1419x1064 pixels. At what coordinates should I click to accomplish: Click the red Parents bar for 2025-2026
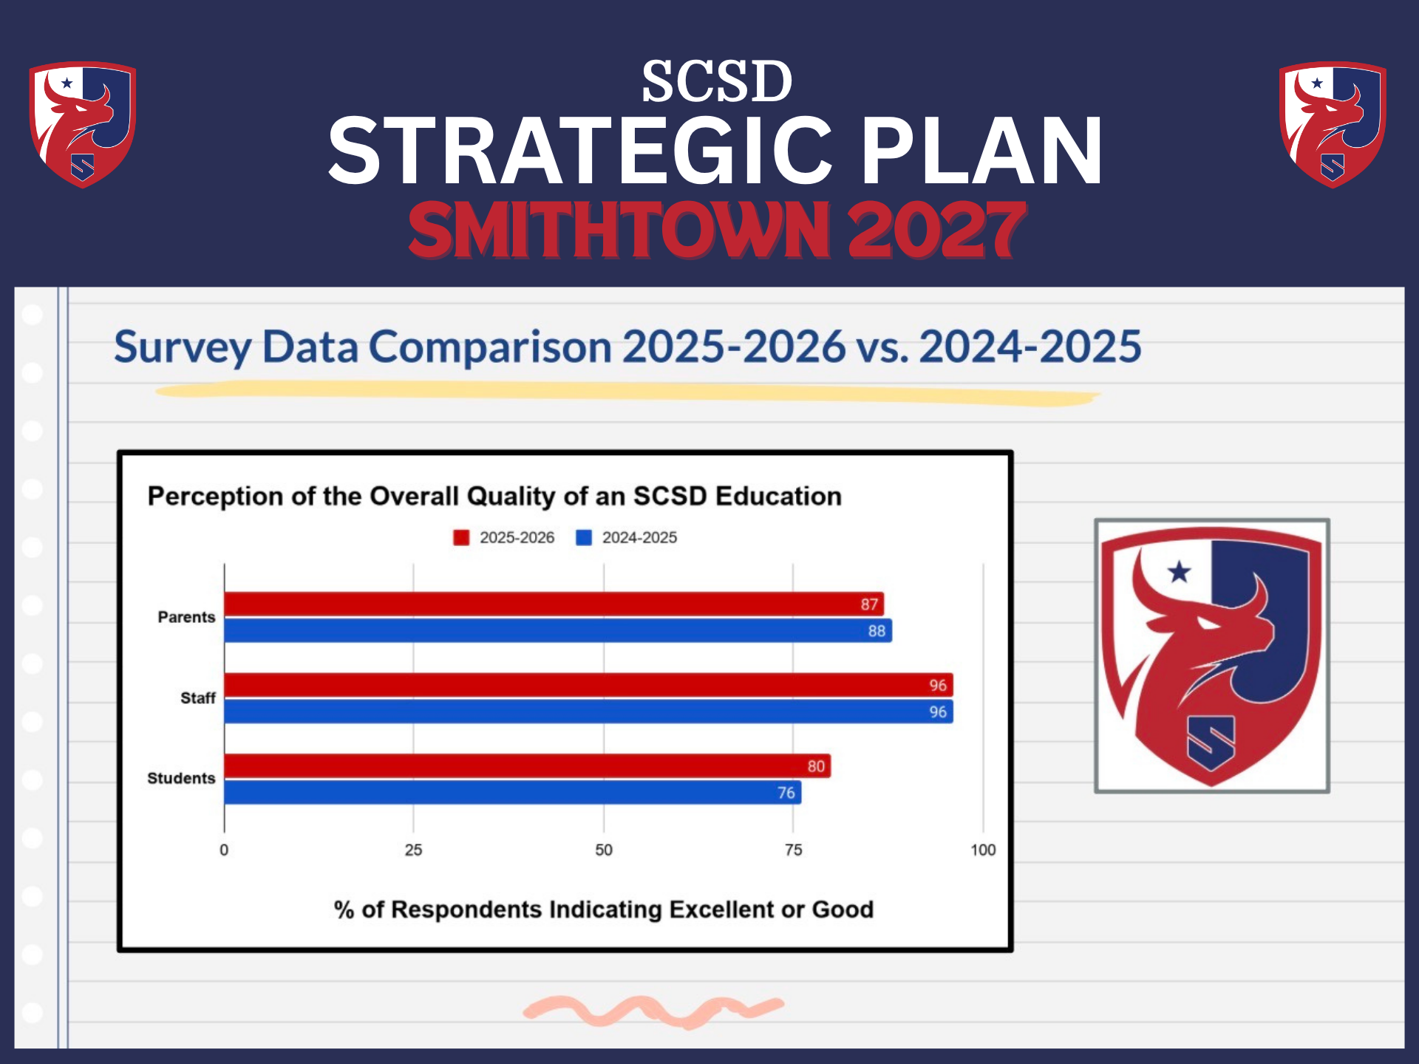pos(554,604)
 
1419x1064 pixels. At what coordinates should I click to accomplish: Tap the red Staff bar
pos(588,685)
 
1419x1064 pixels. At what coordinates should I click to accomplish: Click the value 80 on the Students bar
pos(816,766)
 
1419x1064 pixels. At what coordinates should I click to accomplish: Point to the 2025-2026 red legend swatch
pos(461,538)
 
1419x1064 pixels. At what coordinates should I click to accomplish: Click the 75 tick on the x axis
pos(793,850)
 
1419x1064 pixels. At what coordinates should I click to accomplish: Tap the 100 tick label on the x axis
pos(983,850)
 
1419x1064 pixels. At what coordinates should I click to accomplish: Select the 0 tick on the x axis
pos(224,850)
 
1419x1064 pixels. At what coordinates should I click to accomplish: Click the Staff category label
pos(198,698)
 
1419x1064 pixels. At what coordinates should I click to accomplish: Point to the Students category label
pos(181,779)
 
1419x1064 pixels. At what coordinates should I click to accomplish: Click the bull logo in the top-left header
pos(82,124)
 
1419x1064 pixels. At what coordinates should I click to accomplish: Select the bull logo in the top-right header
pos(1333,124)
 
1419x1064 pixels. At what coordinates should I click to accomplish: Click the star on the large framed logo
pos(1180,571)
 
